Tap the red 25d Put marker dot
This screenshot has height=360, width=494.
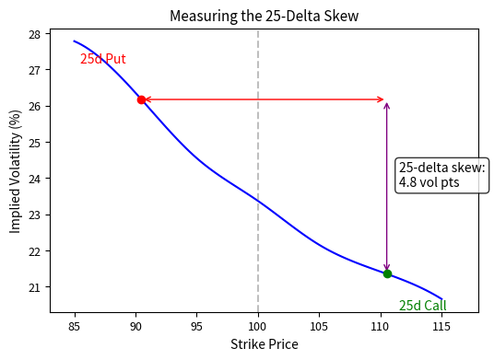tap(141, 99)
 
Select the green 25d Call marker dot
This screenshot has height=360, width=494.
tap(387, 273)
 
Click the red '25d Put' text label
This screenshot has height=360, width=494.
tap(102, 59)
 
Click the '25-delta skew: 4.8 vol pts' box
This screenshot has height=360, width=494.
tap(441, 175)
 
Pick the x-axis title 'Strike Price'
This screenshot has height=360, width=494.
tap(264, 344)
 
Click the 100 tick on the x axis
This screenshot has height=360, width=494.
tap(258, 325)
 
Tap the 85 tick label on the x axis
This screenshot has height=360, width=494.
tap(74, 325)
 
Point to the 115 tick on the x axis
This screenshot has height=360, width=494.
tap(441, 325)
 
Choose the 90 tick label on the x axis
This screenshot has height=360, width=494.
tap(135, 325)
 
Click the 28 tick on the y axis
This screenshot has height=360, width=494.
tap(34, 34)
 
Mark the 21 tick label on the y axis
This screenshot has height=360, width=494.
tap(34, 287)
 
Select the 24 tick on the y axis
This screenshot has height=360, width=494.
tap(34, 179)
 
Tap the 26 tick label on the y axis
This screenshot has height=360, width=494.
tap(34, 107)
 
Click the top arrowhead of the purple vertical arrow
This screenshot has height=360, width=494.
tap(387, 104)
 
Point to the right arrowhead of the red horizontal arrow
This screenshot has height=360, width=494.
tap(381, 99)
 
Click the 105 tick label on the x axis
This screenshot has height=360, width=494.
tap(319, 325)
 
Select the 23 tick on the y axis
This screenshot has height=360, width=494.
tap(34, 215)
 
